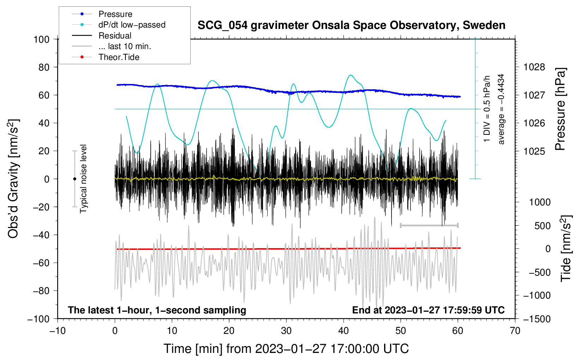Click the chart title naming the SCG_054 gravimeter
(351, 25)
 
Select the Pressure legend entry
(115, 14)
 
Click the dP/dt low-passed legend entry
(132, 25)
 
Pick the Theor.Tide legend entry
(119, 57)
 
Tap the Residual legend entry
(115, 36)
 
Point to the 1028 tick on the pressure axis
(534, 67)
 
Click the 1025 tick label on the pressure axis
(534, 151)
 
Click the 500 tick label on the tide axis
(542, 226)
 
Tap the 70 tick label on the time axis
(515, 331)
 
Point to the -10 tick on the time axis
(58, 331)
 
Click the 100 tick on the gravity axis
(42, 39)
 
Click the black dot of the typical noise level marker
(74, 179)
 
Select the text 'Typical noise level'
(83, 179)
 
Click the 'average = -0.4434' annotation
(501, 109)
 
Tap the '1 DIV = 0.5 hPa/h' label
(487, 109)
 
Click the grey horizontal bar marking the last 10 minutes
(429, 225)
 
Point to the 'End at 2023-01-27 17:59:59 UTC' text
(428, 310)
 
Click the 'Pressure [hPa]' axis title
(560, 109)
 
